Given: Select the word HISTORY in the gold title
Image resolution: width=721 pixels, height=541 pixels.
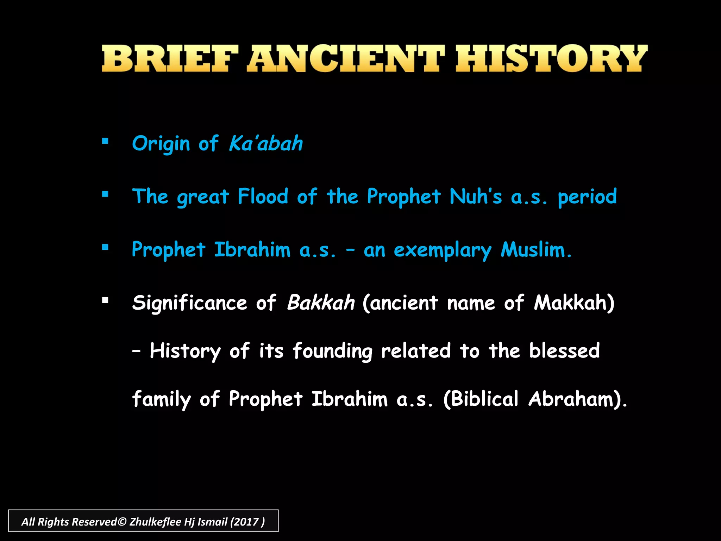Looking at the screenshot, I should tap(551, 59).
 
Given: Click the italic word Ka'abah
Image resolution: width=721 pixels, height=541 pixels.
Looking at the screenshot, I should tap(266, 144).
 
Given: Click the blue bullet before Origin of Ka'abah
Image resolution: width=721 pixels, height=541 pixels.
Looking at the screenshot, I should tap(105, 141).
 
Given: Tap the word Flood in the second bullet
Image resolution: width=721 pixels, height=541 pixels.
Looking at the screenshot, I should tap(263, 197).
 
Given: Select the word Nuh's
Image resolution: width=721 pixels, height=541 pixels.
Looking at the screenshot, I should tap(476, 197).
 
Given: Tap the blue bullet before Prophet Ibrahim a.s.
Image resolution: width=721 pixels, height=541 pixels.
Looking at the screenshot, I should tap(105, 247).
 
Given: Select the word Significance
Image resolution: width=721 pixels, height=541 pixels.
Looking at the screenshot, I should tap(189, 303).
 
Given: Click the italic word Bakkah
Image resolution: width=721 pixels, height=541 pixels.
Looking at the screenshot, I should tap(321, 303).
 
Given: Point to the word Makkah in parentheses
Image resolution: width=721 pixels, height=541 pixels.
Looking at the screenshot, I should tap(571, 303).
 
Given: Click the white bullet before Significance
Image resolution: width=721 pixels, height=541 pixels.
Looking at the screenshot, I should tap(105, 300).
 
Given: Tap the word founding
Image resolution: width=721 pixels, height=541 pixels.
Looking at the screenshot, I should tap(332, 352).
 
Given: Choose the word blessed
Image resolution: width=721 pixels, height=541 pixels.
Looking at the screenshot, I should tap(564, 351).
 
